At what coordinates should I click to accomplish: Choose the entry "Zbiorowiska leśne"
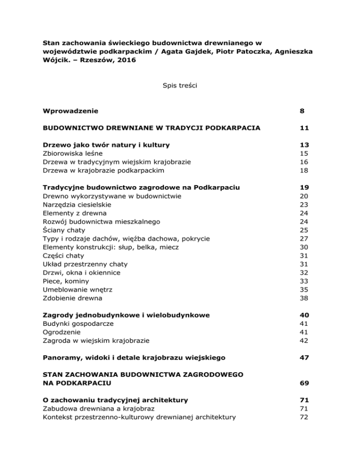click(71, 153)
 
